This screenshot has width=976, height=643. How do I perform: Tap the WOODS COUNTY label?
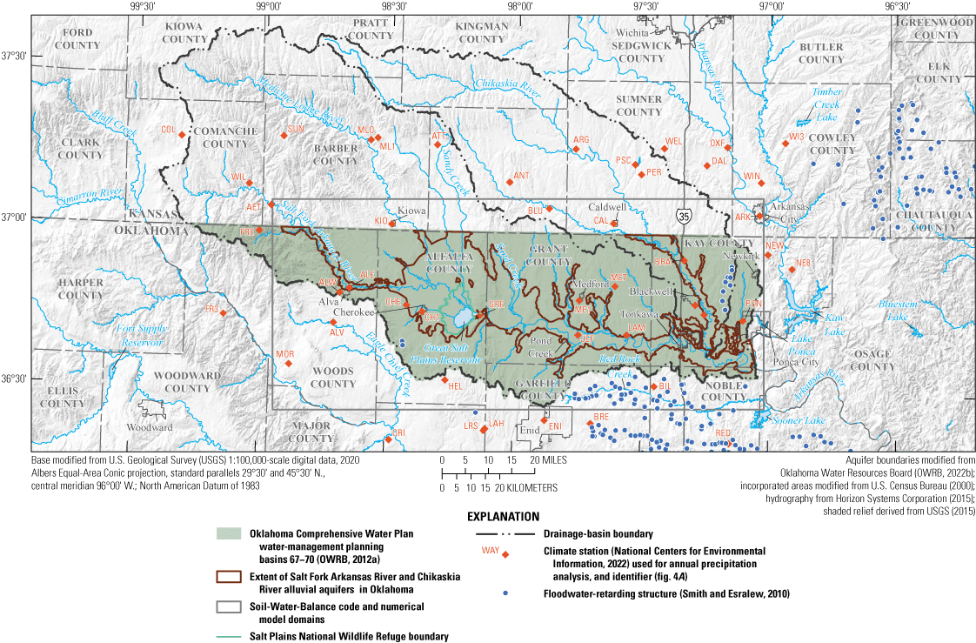pos(333,378)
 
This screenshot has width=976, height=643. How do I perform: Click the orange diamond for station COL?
pos(182,133)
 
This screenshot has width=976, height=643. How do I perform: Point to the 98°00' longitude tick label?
pos(520,6)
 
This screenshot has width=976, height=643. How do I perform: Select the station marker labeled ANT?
pos(510,182)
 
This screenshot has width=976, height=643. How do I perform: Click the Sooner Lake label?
pos(796,420)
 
